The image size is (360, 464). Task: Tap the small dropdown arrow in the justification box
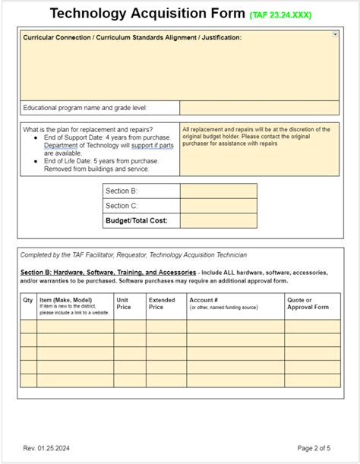pos(335,35)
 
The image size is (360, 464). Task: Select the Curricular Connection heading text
pos(132,37)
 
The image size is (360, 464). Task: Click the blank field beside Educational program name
pos(260,108)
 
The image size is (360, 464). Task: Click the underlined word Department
pos(62,145)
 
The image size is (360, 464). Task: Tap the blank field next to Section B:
pos(219,191)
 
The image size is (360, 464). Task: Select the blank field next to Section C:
pos(219,206)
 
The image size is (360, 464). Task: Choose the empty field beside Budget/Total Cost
pos(219,221)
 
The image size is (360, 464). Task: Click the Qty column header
pos(28,300)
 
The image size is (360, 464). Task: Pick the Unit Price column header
pos(123,304)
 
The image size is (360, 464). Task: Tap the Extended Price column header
pos(161,304)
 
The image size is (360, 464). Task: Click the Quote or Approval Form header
pos(307,304)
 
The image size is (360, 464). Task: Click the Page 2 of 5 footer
pos(319,447)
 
